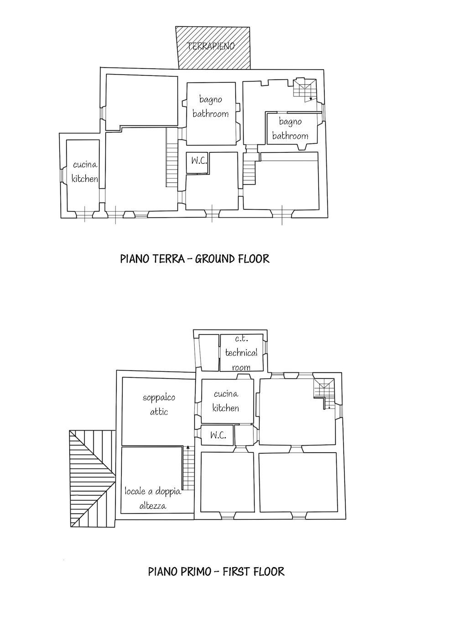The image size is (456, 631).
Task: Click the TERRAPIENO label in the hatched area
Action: (211, 46)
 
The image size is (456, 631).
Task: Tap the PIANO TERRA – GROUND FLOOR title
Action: (195, 259)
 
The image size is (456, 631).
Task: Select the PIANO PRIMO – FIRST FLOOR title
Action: (216, 572)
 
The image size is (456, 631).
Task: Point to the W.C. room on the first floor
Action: (218, 435)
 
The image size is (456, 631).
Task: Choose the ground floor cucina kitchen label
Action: (84, 171)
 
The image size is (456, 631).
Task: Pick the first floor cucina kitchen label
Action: (226, 401)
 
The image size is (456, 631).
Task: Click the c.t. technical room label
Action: (241, 353)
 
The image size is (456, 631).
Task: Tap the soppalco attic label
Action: (159, 405)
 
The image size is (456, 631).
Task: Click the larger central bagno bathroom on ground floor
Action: (211, 107)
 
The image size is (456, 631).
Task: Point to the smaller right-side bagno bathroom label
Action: (290, 129)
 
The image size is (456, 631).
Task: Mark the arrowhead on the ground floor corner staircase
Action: (311, 98)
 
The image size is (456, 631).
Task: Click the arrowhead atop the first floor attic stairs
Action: (188, 447)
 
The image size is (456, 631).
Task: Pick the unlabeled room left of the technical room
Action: (209, 352)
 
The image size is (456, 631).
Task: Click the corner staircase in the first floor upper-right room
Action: (324, 393)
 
